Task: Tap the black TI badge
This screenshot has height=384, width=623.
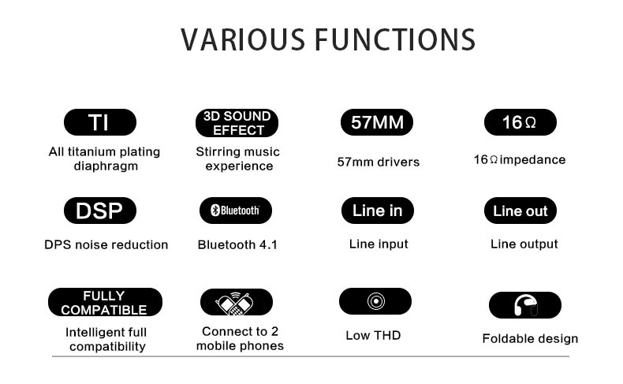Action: point(99,122)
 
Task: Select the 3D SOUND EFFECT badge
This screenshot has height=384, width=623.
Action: point(237,123)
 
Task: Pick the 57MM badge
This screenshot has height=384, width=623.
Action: point(377,123)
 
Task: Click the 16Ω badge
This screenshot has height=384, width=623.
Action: point(519,122)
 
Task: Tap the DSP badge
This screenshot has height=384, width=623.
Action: point(99,211)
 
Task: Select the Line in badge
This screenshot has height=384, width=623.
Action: point(377,211)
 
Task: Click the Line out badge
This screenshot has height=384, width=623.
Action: point(520,211)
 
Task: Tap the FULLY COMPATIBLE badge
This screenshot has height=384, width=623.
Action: point(105,303)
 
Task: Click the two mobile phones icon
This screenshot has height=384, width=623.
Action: point(237,302)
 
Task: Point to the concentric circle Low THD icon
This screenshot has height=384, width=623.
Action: point(375,301)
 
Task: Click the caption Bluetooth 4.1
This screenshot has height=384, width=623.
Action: point(237,244)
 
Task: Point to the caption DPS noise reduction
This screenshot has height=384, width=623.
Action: point(106,244)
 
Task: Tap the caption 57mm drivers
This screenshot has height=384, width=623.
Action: point(378,162)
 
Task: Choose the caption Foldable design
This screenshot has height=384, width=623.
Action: point(530,338)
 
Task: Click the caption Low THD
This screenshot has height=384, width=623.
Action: point(373,335)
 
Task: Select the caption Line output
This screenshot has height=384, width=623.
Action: point(524,244)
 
